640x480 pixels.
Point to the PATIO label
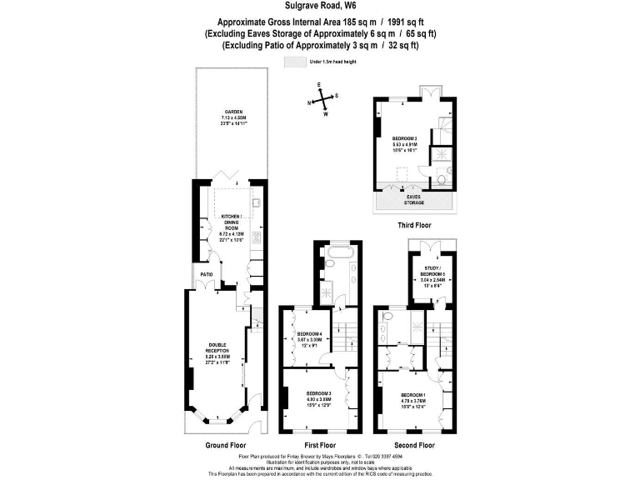click(205, 273)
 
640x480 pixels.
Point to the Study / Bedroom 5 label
click(432, 276)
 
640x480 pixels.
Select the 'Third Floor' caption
click(415, 225)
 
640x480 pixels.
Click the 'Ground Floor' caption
click(222, 446)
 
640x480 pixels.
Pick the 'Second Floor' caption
click(415, 446)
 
